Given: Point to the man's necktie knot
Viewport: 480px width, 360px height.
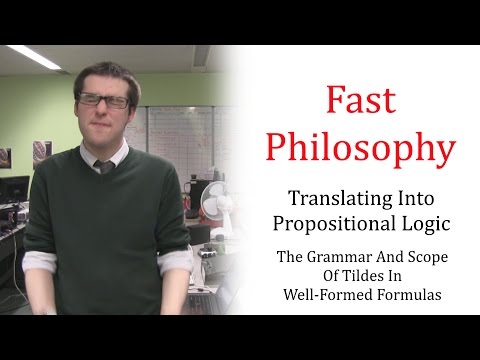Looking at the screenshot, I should [x=103, y=166].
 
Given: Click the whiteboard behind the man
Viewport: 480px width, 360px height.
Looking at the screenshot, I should [x=170, y=130].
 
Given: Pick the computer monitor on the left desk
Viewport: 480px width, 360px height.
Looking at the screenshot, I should [x=14, y=189].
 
